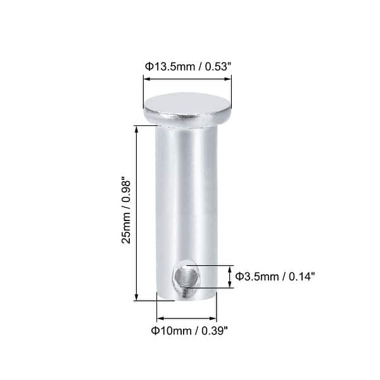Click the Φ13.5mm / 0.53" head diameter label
coord(187,65)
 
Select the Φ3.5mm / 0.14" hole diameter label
coord(275,276)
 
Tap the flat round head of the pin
coord(187,106)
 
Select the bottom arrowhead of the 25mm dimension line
coord(137,298)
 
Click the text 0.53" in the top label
coord(215,65)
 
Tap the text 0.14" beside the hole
coord(301,276)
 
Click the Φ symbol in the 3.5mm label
coord(239,276)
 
